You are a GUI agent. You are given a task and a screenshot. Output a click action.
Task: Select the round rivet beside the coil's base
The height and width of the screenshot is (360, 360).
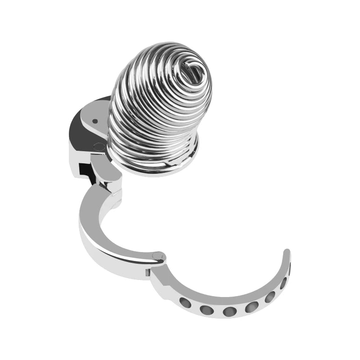(x=98, y=146)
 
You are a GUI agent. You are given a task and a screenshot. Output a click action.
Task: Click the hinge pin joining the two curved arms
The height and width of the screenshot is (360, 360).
(x=158, y=257)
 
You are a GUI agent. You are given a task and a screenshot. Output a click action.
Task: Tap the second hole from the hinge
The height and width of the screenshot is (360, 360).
(x=207, y=310)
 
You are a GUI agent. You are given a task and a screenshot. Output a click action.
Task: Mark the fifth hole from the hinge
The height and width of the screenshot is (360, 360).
(x=270, y=297)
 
